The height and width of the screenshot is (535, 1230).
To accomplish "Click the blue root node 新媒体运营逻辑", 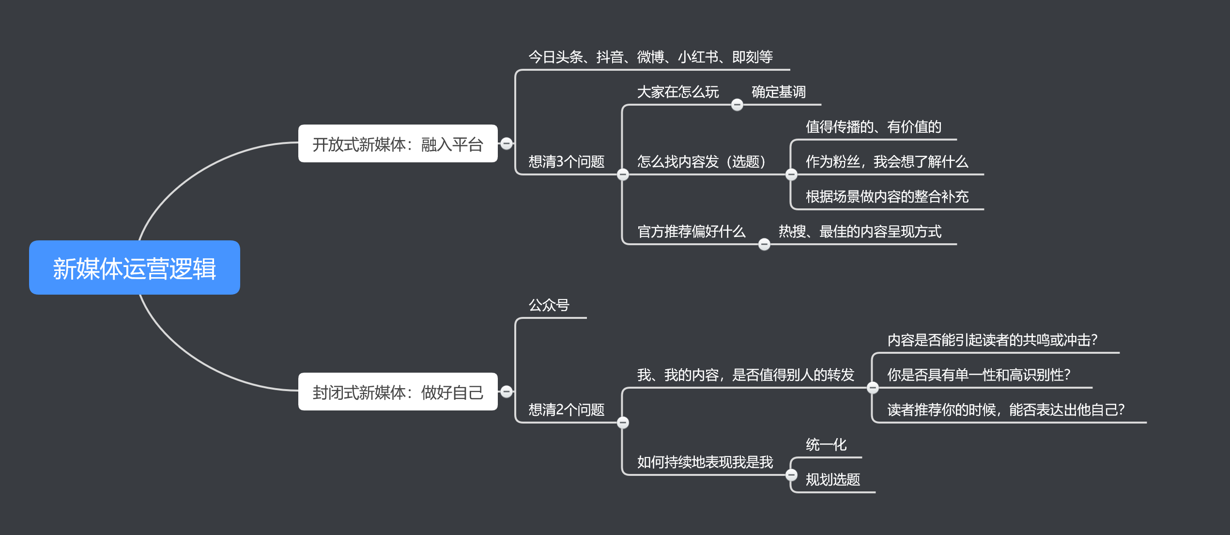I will pos(134,268).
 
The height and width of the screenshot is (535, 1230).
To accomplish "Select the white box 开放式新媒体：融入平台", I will pos(398,144).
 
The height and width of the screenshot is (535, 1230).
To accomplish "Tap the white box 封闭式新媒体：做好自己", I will pos(398,392).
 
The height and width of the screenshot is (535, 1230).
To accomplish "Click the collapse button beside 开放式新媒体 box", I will pos(507,143).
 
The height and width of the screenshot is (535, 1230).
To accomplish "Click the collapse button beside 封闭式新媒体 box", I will pos(507,392).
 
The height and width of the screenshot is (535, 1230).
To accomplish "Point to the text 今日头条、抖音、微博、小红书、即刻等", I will pos(650,57).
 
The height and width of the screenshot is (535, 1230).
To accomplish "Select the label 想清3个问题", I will pos(566,162).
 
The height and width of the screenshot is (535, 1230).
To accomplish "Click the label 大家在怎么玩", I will pos(677,92).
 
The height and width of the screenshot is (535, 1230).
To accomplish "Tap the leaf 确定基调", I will pos(778,92).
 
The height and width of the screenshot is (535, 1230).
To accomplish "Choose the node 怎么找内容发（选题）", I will pos(701,162).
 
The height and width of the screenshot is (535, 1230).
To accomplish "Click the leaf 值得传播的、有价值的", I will pos(873,127).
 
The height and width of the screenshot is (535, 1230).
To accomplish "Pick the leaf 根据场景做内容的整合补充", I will pos(887,197).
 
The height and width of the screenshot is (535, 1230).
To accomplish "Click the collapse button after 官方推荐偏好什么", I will pos(764,244).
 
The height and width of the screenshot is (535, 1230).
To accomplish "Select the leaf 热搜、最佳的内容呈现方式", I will pos(860,232).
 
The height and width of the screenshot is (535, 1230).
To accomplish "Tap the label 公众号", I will pos(549,305).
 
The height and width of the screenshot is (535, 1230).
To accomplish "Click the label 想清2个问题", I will pos(566,410).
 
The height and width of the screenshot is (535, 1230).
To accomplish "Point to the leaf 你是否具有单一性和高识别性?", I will pos(978,375).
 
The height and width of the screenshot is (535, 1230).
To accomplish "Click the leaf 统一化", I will pos(826,445).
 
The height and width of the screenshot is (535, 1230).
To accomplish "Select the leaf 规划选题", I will pos(832,480).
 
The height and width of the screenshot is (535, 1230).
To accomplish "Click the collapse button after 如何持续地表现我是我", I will pos(791,475).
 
